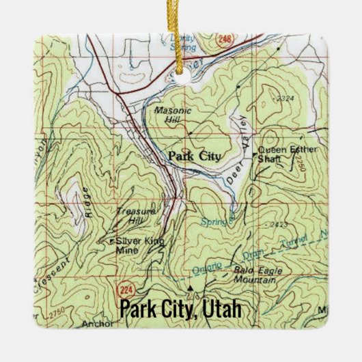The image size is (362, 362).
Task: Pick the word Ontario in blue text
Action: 208,267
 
